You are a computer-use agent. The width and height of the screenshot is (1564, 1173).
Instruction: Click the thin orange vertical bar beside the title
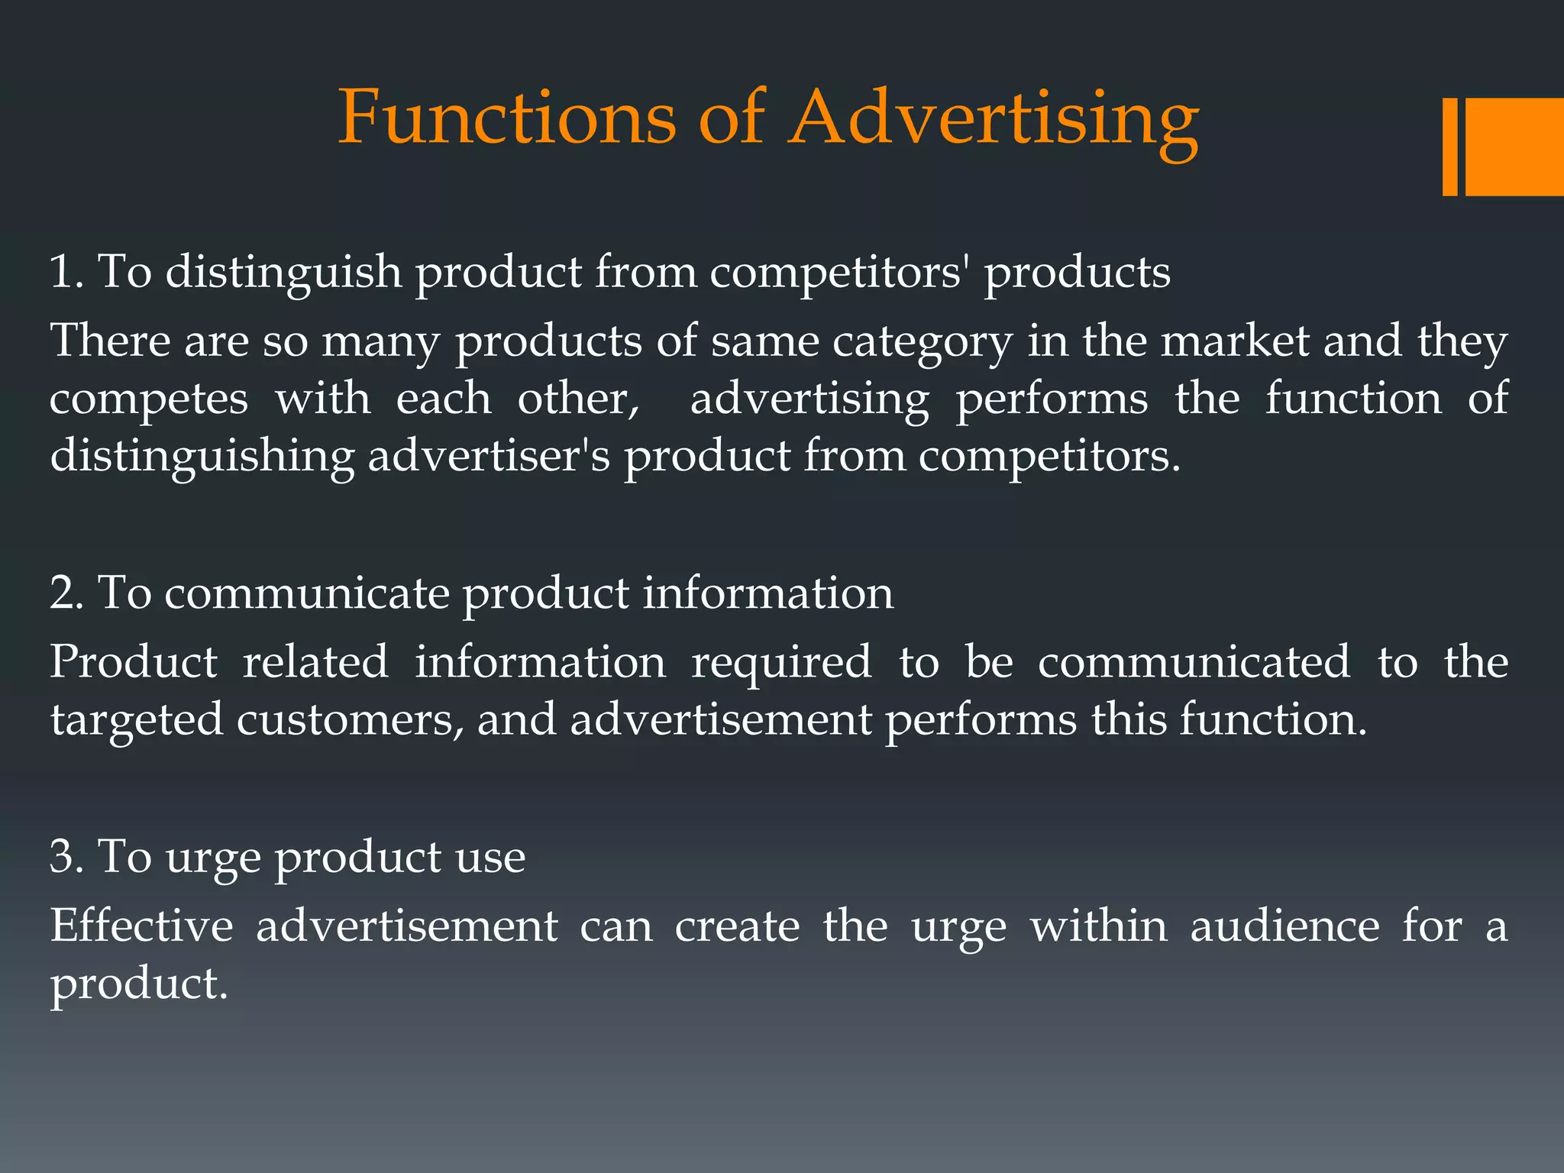click(1449, 147)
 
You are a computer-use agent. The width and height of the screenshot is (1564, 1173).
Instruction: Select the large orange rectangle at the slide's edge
click(1514, 147)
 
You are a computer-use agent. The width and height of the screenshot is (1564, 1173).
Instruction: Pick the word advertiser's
click(489, 457)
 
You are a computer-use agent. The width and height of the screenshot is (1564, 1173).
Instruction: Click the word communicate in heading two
click(307, 593)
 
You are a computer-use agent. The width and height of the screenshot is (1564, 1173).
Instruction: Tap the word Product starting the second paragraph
click(134, 661)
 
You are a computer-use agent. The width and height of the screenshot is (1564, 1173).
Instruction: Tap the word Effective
click(141, 926)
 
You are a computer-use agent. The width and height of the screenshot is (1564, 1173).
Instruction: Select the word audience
click(1284, 926)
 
